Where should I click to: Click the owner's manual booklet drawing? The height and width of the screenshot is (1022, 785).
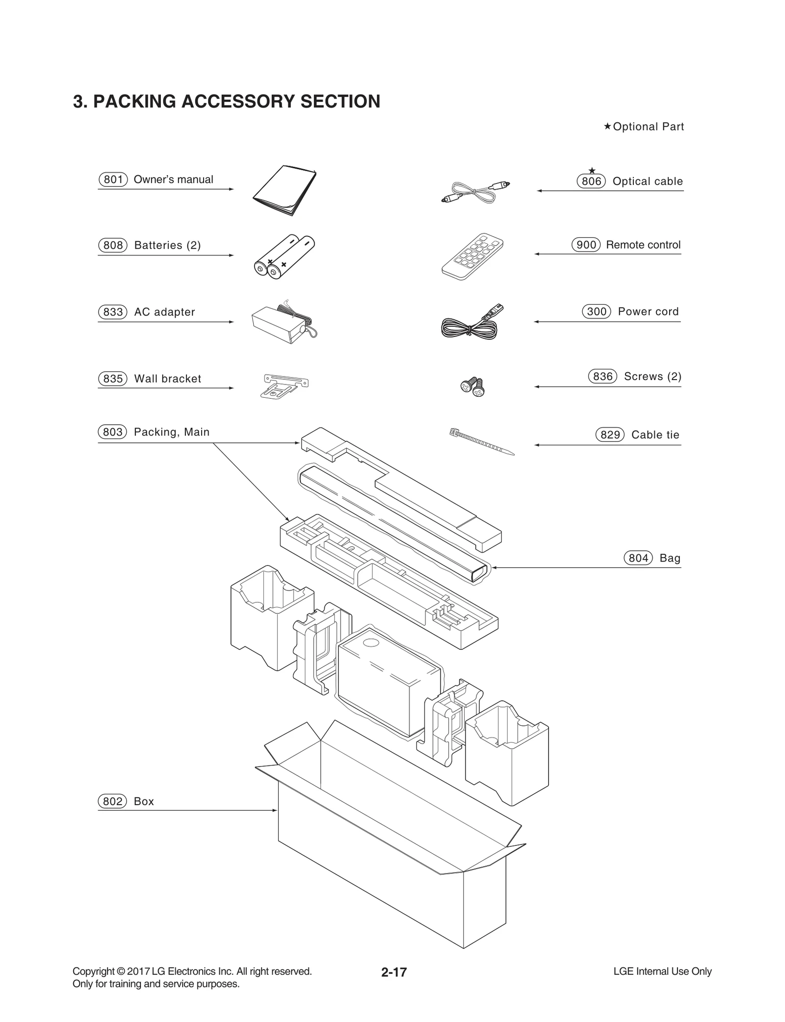coord(285,191)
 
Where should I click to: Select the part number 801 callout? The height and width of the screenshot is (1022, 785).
coord(113,179)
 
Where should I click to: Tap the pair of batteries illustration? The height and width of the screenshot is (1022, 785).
coord(284,256)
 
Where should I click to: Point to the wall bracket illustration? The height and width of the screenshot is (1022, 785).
coord(284,385)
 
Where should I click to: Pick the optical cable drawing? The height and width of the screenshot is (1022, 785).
coord(474,192)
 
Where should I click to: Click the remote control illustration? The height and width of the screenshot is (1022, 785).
coord(472,256)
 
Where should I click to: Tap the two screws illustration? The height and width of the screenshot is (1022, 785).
coord(472,386)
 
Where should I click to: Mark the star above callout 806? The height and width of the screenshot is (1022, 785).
coord(592,171)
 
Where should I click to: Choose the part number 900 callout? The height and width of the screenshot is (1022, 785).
coord(586,245)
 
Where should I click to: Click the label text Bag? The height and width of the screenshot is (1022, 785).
coord(670,558)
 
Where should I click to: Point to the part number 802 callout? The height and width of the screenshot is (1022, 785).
coord(113,801)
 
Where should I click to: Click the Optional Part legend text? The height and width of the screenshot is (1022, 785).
coord(648,127)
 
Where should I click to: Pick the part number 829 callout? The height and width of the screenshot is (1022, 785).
coord(610,435)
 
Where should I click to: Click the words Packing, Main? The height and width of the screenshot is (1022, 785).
coord(171,432)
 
